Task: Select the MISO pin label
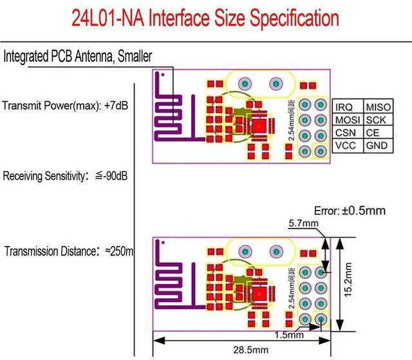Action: pos(377,107)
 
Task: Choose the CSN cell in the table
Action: pos(345,133)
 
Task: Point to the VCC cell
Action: pos(345,146)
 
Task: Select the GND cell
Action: pos(377,146)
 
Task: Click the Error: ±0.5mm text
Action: pos(350,211)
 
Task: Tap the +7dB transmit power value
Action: pos(115,105)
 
